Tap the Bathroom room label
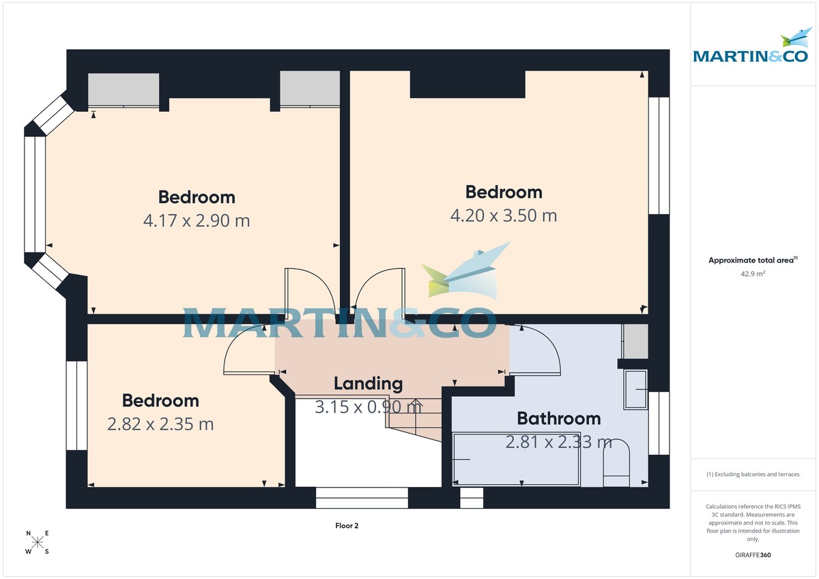click(x=558, y=418)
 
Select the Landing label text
click(x=368, y=384)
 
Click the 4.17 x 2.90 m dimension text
click(x=197, y=221)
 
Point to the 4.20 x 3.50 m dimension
click(x=504, y=216)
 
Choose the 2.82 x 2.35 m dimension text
click(x=160, y=424)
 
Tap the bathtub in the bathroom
click(x=517, y=460)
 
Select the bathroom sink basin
click(x=636, y=389)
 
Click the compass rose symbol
click(x=38, y=542)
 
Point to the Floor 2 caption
click(x=347, y=526)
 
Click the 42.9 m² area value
click(x=753, y=273)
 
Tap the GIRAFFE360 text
click(x=753, y=555)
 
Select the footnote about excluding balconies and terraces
click(x=753, y=474)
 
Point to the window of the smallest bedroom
click(x=76, y=405)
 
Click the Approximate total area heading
click(x=753, y=260)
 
